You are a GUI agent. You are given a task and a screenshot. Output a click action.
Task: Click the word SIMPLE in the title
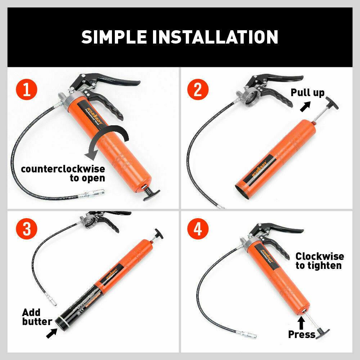[x=110, y=37]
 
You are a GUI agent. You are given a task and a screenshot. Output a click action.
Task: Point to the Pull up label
[x=307, y=93]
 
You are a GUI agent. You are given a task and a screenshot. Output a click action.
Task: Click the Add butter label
[x=36, y=316]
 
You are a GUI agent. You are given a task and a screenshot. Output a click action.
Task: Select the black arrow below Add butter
[x=51, y=333]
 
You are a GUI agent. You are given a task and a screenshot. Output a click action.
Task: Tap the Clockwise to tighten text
[x=319, y=261]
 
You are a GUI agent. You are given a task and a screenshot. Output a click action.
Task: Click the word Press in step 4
[x=301, y=334]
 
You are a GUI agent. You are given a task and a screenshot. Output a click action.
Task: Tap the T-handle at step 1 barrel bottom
[x=151, y=194]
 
